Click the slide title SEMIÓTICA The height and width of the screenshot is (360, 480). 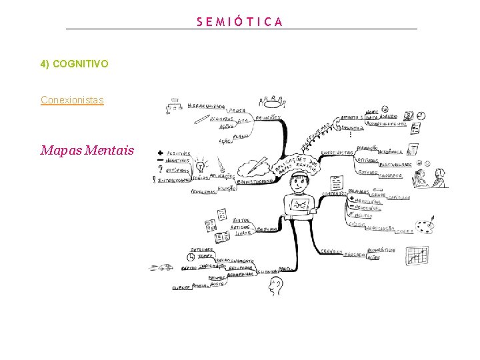click(240, 21)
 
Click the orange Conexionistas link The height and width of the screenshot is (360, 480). click(72, 100)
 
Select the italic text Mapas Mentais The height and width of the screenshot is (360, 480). click(87, 150)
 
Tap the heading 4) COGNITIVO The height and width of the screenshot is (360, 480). click(74, 64)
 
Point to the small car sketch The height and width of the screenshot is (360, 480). click(163, 268)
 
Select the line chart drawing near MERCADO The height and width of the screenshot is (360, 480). click(417, 255)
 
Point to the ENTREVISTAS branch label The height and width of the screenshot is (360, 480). click(337, 153)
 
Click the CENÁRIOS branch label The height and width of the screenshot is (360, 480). click(331, 252)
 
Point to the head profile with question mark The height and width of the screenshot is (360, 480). click(274, 287)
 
